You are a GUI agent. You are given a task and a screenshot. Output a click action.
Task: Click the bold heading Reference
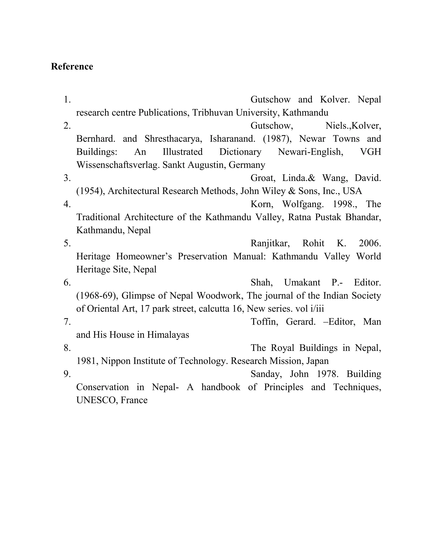(72, 66)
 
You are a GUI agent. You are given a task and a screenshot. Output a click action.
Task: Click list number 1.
(67, 100)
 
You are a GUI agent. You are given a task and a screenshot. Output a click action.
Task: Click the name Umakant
(302, 282)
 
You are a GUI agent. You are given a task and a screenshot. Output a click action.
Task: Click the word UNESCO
(97, 400)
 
